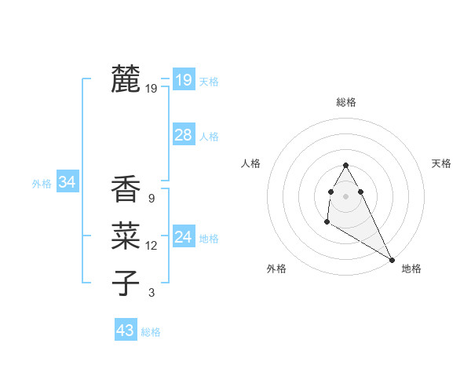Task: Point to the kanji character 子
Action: pos(126,283)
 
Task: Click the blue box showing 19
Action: pos(183,79)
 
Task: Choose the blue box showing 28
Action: pos(183,135)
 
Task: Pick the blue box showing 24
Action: pos(183,237)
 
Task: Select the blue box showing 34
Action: pos(67,182)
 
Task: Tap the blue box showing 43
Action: pos(126,331)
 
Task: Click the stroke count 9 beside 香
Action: pos(151,199)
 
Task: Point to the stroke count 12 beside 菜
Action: pos(151,246)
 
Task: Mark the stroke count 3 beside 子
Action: pos(151,293)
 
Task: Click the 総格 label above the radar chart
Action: pos(346,102)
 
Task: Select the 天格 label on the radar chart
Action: pos(441,163)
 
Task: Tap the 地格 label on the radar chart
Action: pos(411,269)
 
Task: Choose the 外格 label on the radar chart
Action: pos(276,269)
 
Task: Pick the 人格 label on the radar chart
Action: pos(250,163)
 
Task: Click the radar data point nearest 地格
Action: pos(392,260)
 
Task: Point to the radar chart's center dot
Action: pos(345,195)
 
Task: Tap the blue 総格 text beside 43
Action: pos(151,332)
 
